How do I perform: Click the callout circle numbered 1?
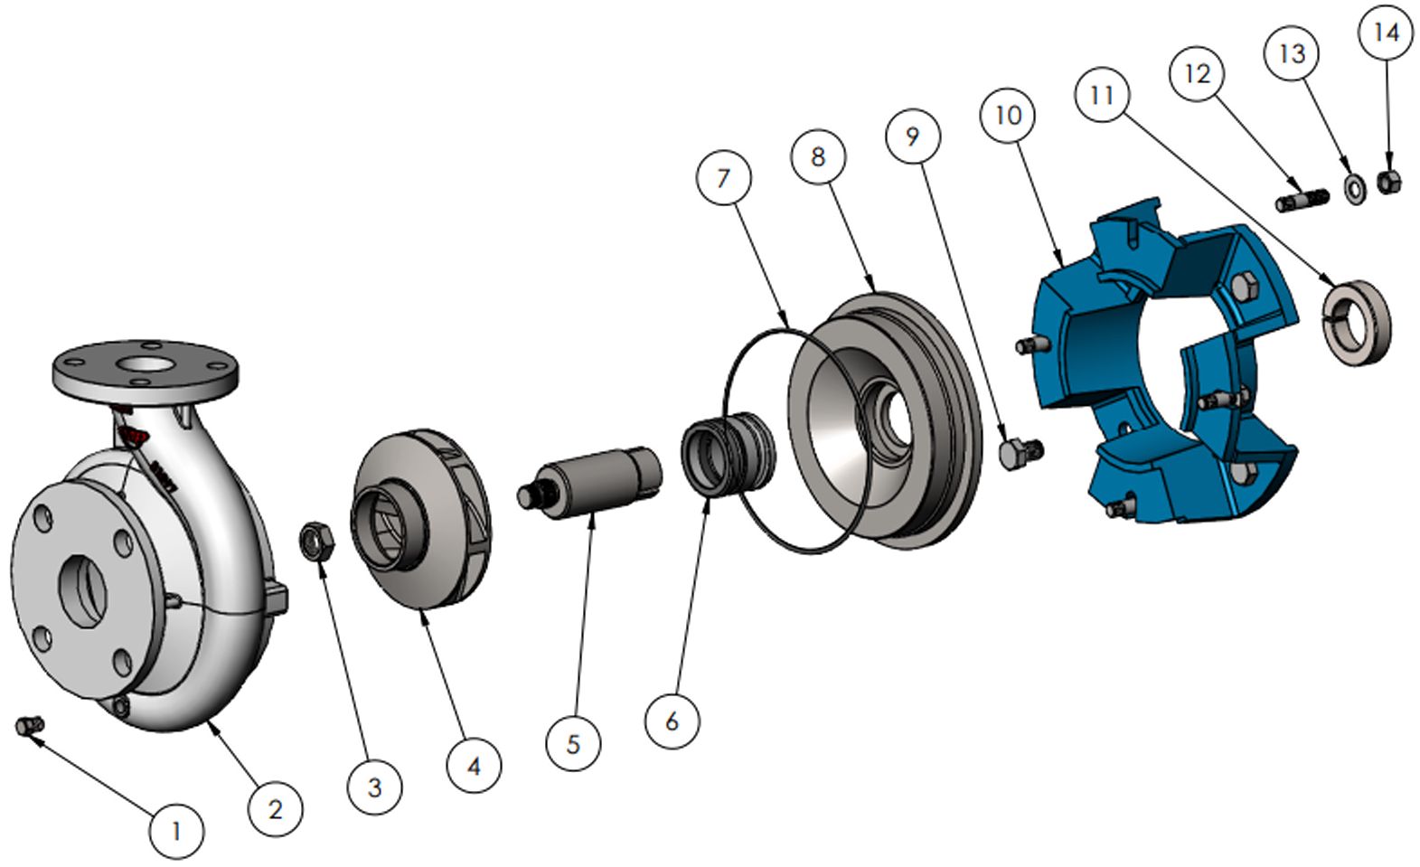click(x=177, y=831)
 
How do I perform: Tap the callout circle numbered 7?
click(x=723, y=178)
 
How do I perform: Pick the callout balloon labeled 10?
click(x=1009, y=116)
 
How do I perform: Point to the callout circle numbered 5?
click(x=573, y=743)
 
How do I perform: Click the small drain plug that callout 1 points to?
click(x=29, y=726)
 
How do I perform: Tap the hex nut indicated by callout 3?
click(x=317, y=541)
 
